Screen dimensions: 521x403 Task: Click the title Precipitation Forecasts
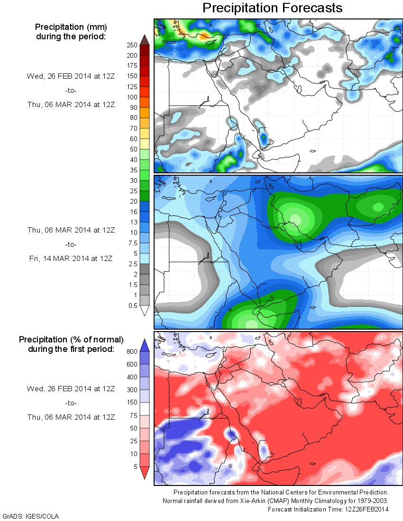pyautogui.click(x=272, y=8)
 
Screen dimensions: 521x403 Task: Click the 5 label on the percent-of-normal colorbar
pyautogui.click(x=135, y=466)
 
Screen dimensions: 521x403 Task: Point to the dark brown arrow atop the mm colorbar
pyautogui.click(x=145, y=39)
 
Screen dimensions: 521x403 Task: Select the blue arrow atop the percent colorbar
pyautogui.click(x=145, y=345)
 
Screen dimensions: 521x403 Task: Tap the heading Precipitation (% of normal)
pyautogui.click(x=71, y=340)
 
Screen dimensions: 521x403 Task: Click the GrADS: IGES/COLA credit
pyautogui.click(x=31, y=516)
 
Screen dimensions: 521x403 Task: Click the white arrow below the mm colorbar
pyautogui.click(x=145, y=311)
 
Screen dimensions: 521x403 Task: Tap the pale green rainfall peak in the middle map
pyautogui.click(x=295, y=218)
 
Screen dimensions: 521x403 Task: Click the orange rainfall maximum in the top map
pyautogui.click(x=204, y=36)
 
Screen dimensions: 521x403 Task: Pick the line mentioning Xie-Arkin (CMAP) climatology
pyautogui.click(x=275, y=501)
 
